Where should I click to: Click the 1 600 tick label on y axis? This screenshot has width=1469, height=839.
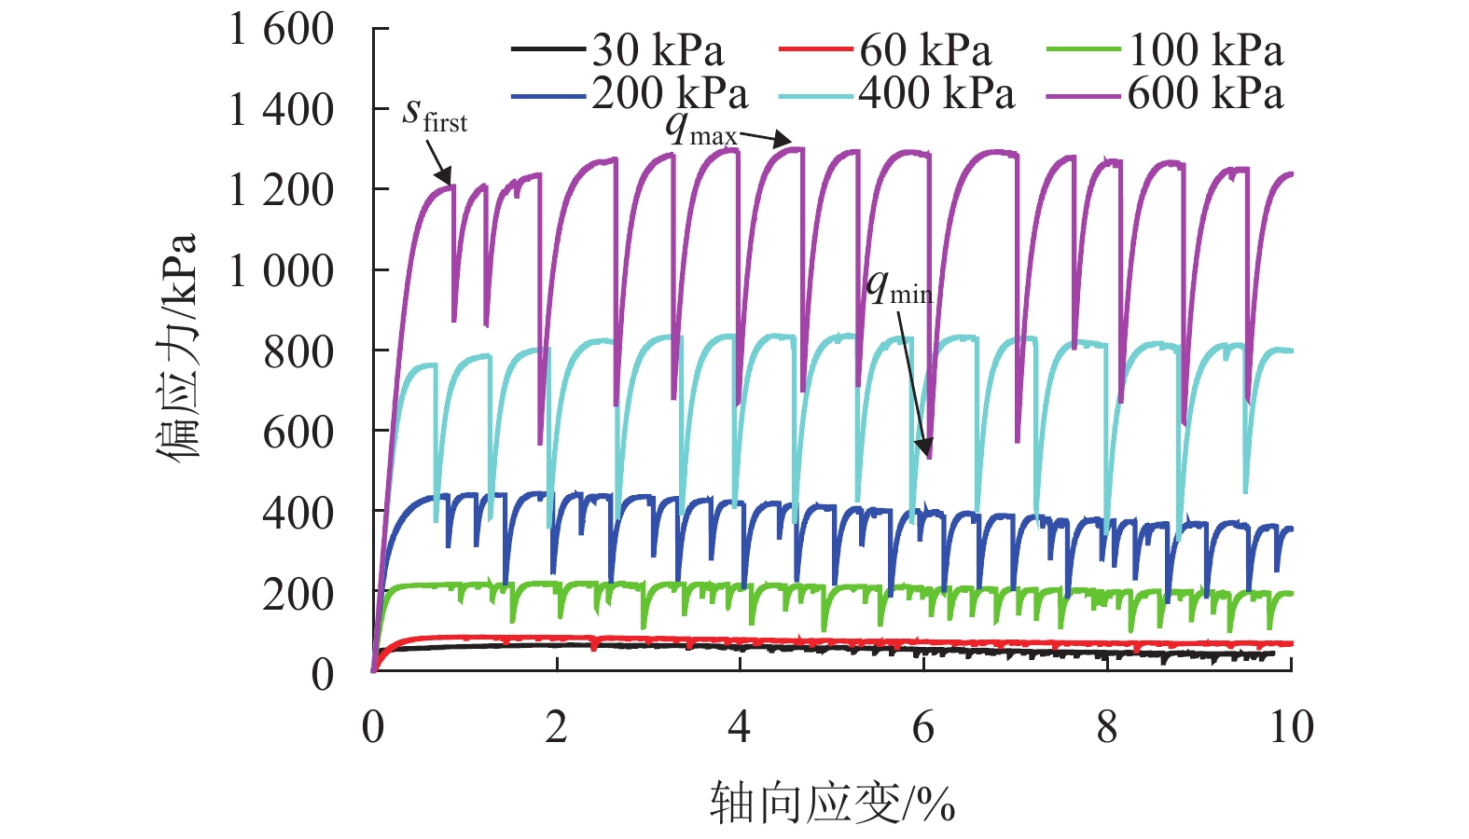(281, 30)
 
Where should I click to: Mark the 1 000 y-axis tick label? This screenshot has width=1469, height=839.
(281, 271)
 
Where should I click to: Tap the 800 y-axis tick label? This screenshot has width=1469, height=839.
(298, 352)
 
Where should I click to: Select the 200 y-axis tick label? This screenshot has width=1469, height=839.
(298, 594)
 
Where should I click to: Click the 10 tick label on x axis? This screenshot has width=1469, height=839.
(1291, 727)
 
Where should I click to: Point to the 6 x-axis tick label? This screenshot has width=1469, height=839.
(923, 727)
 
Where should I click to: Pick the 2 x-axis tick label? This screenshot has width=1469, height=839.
(557, 727)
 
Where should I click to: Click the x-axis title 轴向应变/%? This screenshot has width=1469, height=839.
(832, 804)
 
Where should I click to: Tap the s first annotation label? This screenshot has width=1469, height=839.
(434, 115)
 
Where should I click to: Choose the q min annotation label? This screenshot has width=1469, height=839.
(898, 287)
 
